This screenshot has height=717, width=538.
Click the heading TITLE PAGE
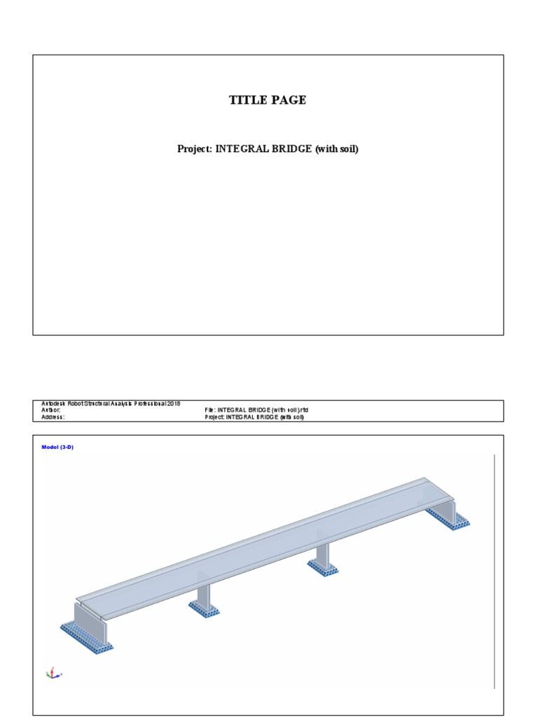268,100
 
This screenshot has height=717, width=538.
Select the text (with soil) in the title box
336,149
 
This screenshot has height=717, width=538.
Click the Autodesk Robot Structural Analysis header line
111,404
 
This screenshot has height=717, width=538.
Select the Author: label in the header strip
51,410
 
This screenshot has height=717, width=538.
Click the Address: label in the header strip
53,417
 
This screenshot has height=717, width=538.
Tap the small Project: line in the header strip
254,417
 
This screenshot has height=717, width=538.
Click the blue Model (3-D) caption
57,447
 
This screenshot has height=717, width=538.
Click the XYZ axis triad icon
53,673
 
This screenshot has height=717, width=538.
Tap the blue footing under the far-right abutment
448,519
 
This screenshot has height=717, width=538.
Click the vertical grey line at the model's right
495,571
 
